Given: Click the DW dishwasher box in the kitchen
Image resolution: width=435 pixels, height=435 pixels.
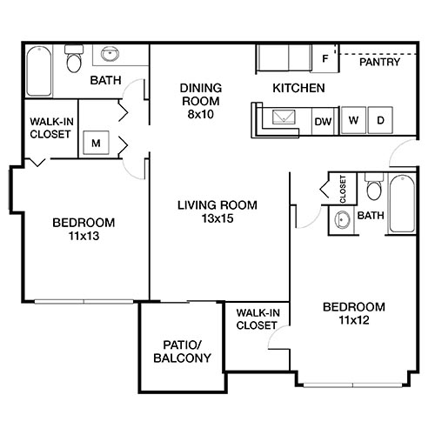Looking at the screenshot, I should point(321,120).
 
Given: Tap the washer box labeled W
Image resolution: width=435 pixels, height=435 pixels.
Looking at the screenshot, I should point(353,120).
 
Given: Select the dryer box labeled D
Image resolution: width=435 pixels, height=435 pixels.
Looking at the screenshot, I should point(380,120).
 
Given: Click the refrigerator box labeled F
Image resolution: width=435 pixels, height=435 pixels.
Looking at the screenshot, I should point(325,60).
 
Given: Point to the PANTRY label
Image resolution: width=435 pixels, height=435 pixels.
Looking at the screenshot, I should point(380,62).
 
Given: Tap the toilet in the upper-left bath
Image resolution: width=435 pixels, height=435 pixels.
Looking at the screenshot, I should point(74,59).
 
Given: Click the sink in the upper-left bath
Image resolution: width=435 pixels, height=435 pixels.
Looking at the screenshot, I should point(110,55).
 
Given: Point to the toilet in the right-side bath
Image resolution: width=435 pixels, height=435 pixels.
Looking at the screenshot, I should point(374,189).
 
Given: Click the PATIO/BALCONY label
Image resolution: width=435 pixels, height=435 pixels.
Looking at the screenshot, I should point(182,351).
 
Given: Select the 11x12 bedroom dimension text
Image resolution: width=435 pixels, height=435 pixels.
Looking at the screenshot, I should point(353,321).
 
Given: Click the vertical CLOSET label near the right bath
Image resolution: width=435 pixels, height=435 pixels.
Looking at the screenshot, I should point(342,188).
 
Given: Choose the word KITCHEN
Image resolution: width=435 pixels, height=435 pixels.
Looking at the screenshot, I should point(298,88).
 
